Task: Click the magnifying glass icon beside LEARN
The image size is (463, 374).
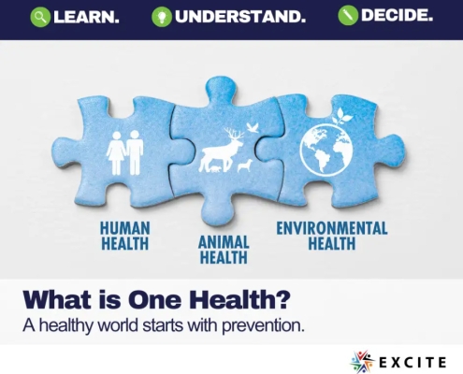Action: [x=40, y=16]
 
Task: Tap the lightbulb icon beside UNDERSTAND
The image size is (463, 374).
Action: [x=162, y=16]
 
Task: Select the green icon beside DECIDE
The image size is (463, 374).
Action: [x=348, y=16]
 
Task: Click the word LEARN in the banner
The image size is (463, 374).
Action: [x=87, y=16]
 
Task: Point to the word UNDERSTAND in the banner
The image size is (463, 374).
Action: [x=240, y=16]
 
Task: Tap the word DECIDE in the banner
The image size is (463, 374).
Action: [x=398, y=16]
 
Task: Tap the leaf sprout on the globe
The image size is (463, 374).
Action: [x=346, y=117]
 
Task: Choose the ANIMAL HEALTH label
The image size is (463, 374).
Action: [x=223, y=248]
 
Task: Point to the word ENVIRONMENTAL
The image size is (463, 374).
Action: [x=331, y=227]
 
